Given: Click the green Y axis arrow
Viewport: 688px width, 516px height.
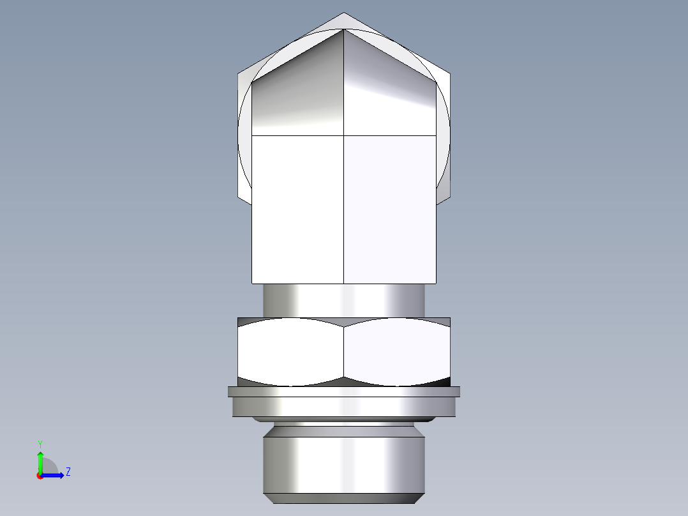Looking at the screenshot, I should pos(40,461).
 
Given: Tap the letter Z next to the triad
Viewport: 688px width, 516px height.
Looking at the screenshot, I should pos(68,472).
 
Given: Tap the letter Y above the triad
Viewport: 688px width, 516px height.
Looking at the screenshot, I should pos(40,444).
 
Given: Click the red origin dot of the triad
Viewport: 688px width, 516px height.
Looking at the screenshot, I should pos(40,476).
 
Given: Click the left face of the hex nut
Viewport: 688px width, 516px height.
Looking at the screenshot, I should pos(290,353).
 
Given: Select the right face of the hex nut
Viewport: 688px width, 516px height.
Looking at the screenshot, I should pos(397,353).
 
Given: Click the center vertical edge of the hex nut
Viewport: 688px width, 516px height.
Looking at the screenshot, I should pos(344,353).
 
